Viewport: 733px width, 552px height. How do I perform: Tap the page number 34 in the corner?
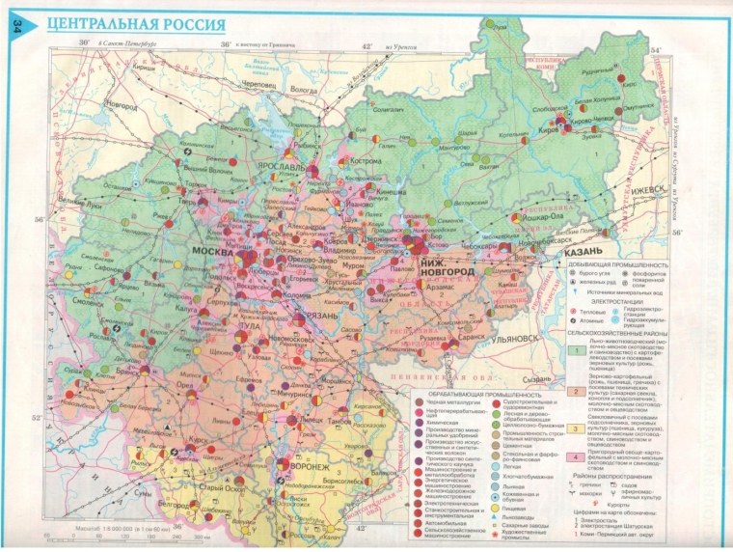17,29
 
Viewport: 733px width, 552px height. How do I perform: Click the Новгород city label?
122,103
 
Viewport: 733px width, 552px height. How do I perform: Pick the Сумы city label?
142,492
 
